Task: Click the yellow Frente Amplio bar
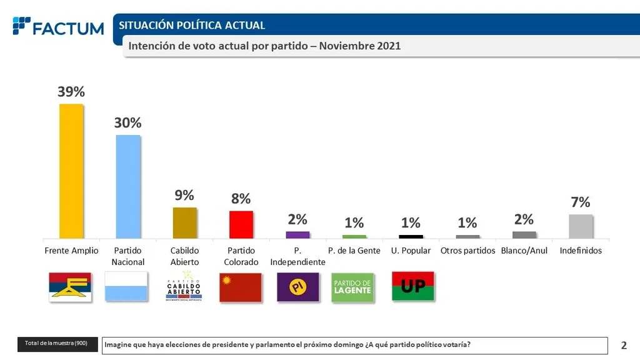click(x=71, y=171)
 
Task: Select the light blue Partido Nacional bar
click(x=127, y=186)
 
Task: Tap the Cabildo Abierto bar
click(x=184, y=222)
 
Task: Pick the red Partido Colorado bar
click(x=241, y=224)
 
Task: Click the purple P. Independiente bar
click(x=297, y=234)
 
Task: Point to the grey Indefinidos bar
click(x=581, y=226)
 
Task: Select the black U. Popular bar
click(x=411, y=236)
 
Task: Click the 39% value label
click(x=71, y=92)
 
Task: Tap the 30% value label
click(x=127, y=123)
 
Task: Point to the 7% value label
click(x=581, y=202)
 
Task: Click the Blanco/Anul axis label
click(x=524, y=251)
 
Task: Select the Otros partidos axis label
click(x=467, y=251)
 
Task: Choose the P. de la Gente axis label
click(x=354, y=251)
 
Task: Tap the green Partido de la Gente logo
click(x=353, y=287)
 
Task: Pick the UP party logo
click(x=412, y=286)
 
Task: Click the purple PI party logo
click(x=297, y=287)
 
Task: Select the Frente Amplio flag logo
click(x=71, y=287)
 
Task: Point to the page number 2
click(x=624, y=345)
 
